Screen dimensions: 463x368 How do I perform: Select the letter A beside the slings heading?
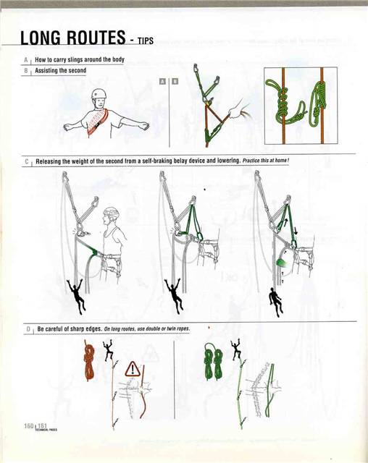(26, 59)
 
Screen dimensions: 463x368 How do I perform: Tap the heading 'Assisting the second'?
(62, 71)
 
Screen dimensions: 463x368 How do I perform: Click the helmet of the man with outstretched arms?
(99, 95)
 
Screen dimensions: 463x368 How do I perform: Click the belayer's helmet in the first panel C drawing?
(110, 214)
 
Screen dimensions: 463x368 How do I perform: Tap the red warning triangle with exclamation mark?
(134, 370)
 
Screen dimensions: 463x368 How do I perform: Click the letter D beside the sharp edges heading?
(26, 329)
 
